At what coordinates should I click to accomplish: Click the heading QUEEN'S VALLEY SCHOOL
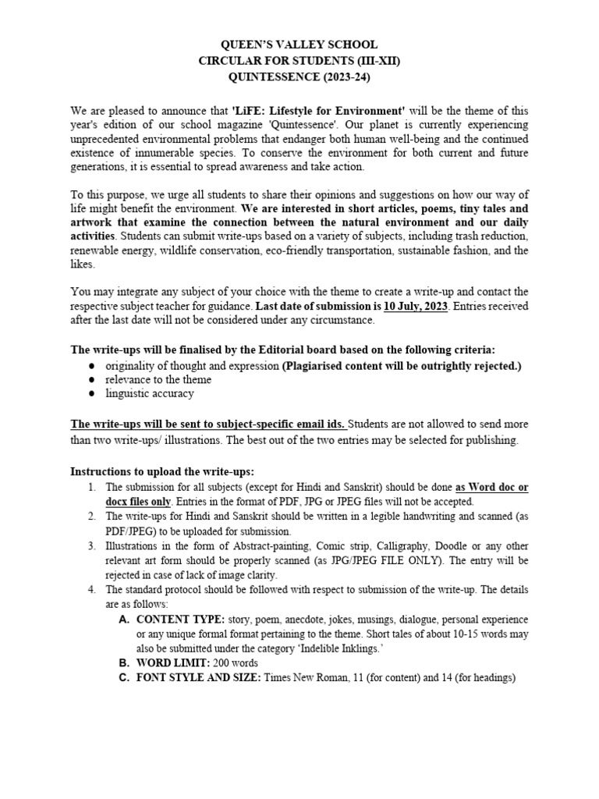click(x=299, y=45)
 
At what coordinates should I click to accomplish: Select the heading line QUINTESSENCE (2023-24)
click(x=299, y=77)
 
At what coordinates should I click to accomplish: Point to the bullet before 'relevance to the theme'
click(x=92, y=380)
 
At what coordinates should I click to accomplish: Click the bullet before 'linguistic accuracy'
click(x=92, y=394)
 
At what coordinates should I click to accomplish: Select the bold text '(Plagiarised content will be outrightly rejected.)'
click(x=402, y=366)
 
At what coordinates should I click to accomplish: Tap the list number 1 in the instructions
click(x=91, y=488)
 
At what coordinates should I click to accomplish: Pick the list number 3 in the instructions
click(x=91, y=546)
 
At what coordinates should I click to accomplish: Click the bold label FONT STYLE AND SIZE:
click(x=200, y=678)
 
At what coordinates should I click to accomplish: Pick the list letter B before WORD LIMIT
click(x=123, y=663)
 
